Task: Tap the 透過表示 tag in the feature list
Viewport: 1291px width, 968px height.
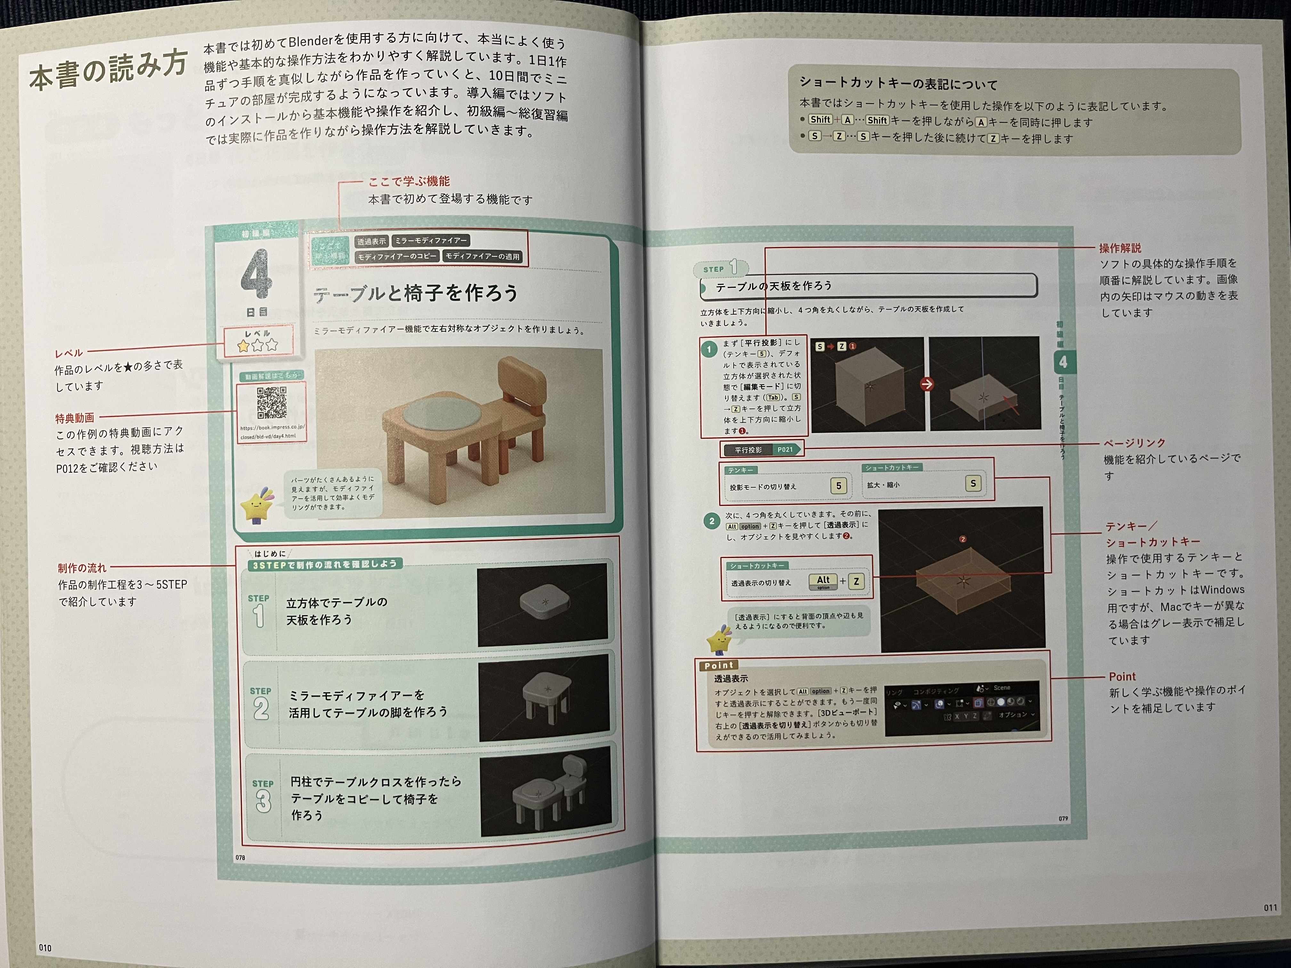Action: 371,241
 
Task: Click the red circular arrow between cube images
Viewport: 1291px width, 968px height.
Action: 926,384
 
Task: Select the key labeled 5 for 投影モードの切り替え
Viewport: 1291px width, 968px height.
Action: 838,486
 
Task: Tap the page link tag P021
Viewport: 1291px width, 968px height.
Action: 785,449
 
